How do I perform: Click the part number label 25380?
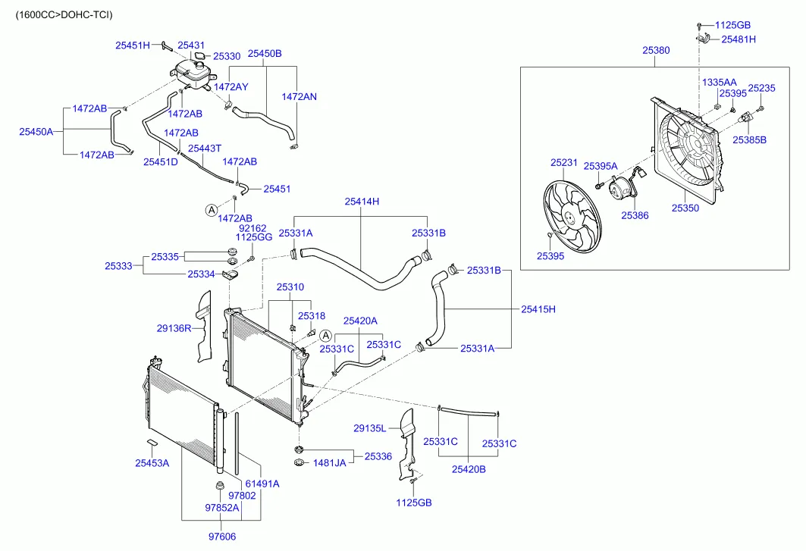tap(656, 50)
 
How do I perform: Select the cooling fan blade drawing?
tap(573, 216)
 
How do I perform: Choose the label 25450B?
tap(265, 54)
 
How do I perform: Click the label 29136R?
tap(174, 328)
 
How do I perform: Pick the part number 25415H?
tap(538, 309)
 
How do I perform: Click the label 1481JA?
tap(329, 462)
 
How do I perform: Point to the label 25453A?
tap(152, 463)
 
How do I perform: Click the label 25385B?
tap(749, 139)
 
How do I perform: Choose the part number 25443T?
tap(205, 149)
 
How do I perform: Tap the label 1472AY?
tap(231, 87)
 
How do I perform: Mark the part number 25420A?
tap(360, 321)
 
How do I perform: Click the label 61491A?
tap(262, 484)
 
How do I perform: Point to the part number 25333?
tap(118, 266)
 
